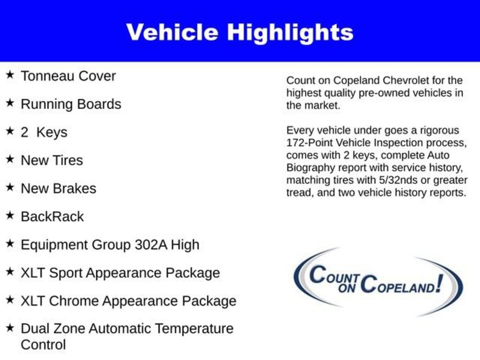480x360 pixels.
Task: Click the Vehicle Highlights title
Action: pyautogui.click(x=240, y=32)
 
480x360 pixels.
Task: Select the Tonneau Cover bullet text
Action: pyautogui.click(x=68, y=76)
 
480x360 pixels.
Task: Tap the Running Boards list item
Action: pyautogui.click(x=71, y=104)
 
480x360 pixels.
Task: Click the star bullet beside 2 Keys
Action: pyautogui.click(x=10, y=131)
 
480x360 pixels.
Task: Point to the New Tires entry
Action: pyautogui.click(x=52, y=160)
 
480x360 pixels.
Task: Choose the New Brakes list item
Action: pyautogui.click(x=58, y=188)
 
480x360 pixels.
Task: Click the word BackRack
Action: pyautogui.click(x=52, y=217)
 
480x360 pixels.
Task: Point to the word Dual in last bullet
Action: pyautogui.click(x=35, y=329)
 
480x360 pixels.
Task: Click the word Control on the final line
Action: pyautogui.click(x=43, y=345)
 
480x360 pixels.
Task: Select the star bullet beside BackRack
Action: pyautogui.click(x=10, y=216)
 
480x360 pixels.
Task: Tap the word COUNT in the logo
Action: pyautogui.click(x=334, y=275)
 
